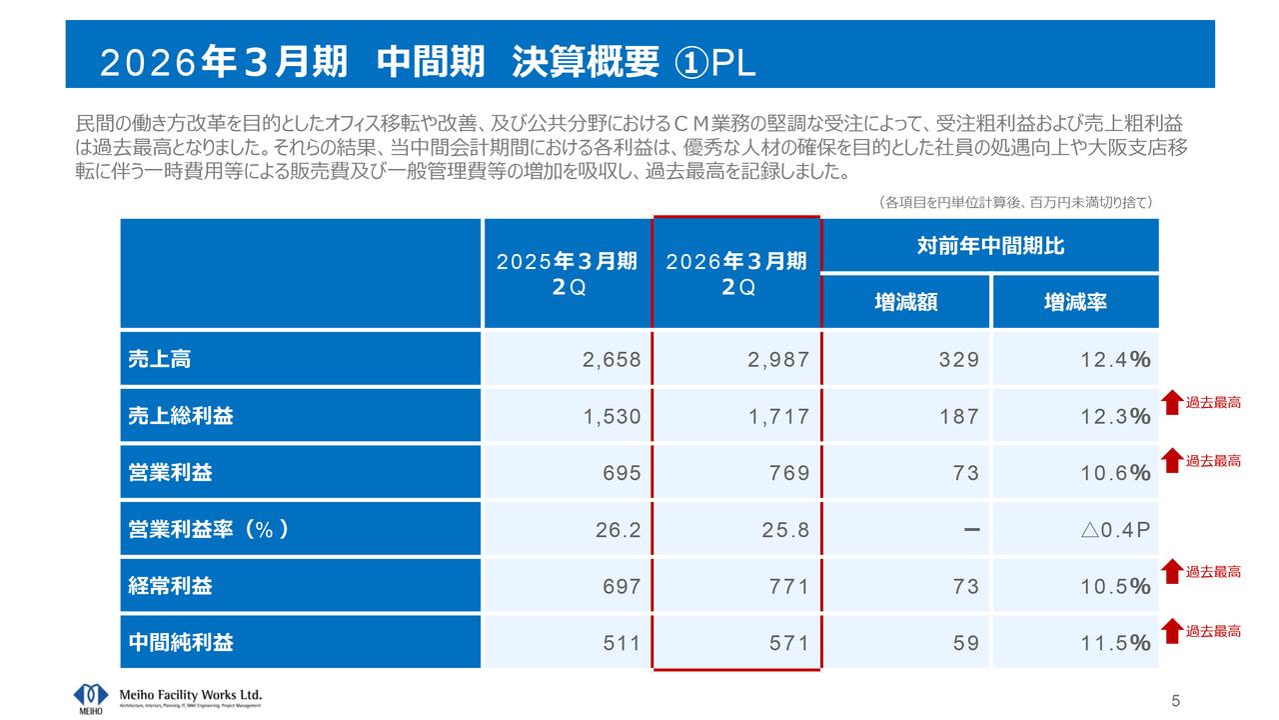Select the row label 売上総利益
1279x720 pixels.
181,417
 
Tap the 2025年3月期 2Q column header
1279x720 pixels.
567,273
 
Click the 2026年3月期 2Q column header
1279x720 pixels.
736,273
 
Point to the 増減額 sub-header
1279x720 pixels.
905,302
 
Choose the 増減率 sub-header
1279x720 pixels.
1075,302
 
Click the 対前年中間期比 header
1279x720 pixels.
990,246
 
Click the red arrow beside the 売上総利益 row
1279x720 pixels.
1172,403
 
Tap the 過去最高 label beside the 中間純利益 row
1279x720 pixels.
1213,631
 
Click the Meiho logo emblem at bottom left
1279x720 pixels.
90,696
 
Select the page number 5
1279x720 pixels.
1176,699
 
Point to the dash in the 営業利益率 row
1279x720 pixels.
970,529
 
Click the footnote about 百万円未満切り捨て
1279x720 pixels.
1015,202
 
